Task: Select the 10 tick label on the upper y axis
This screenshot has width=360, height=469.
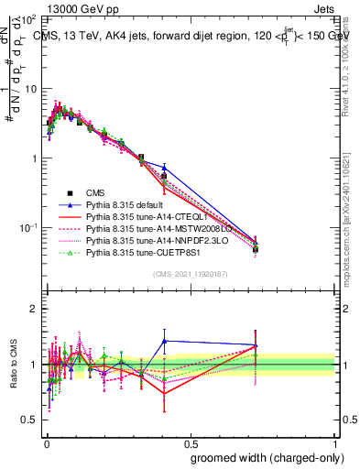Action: [29, 89]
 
